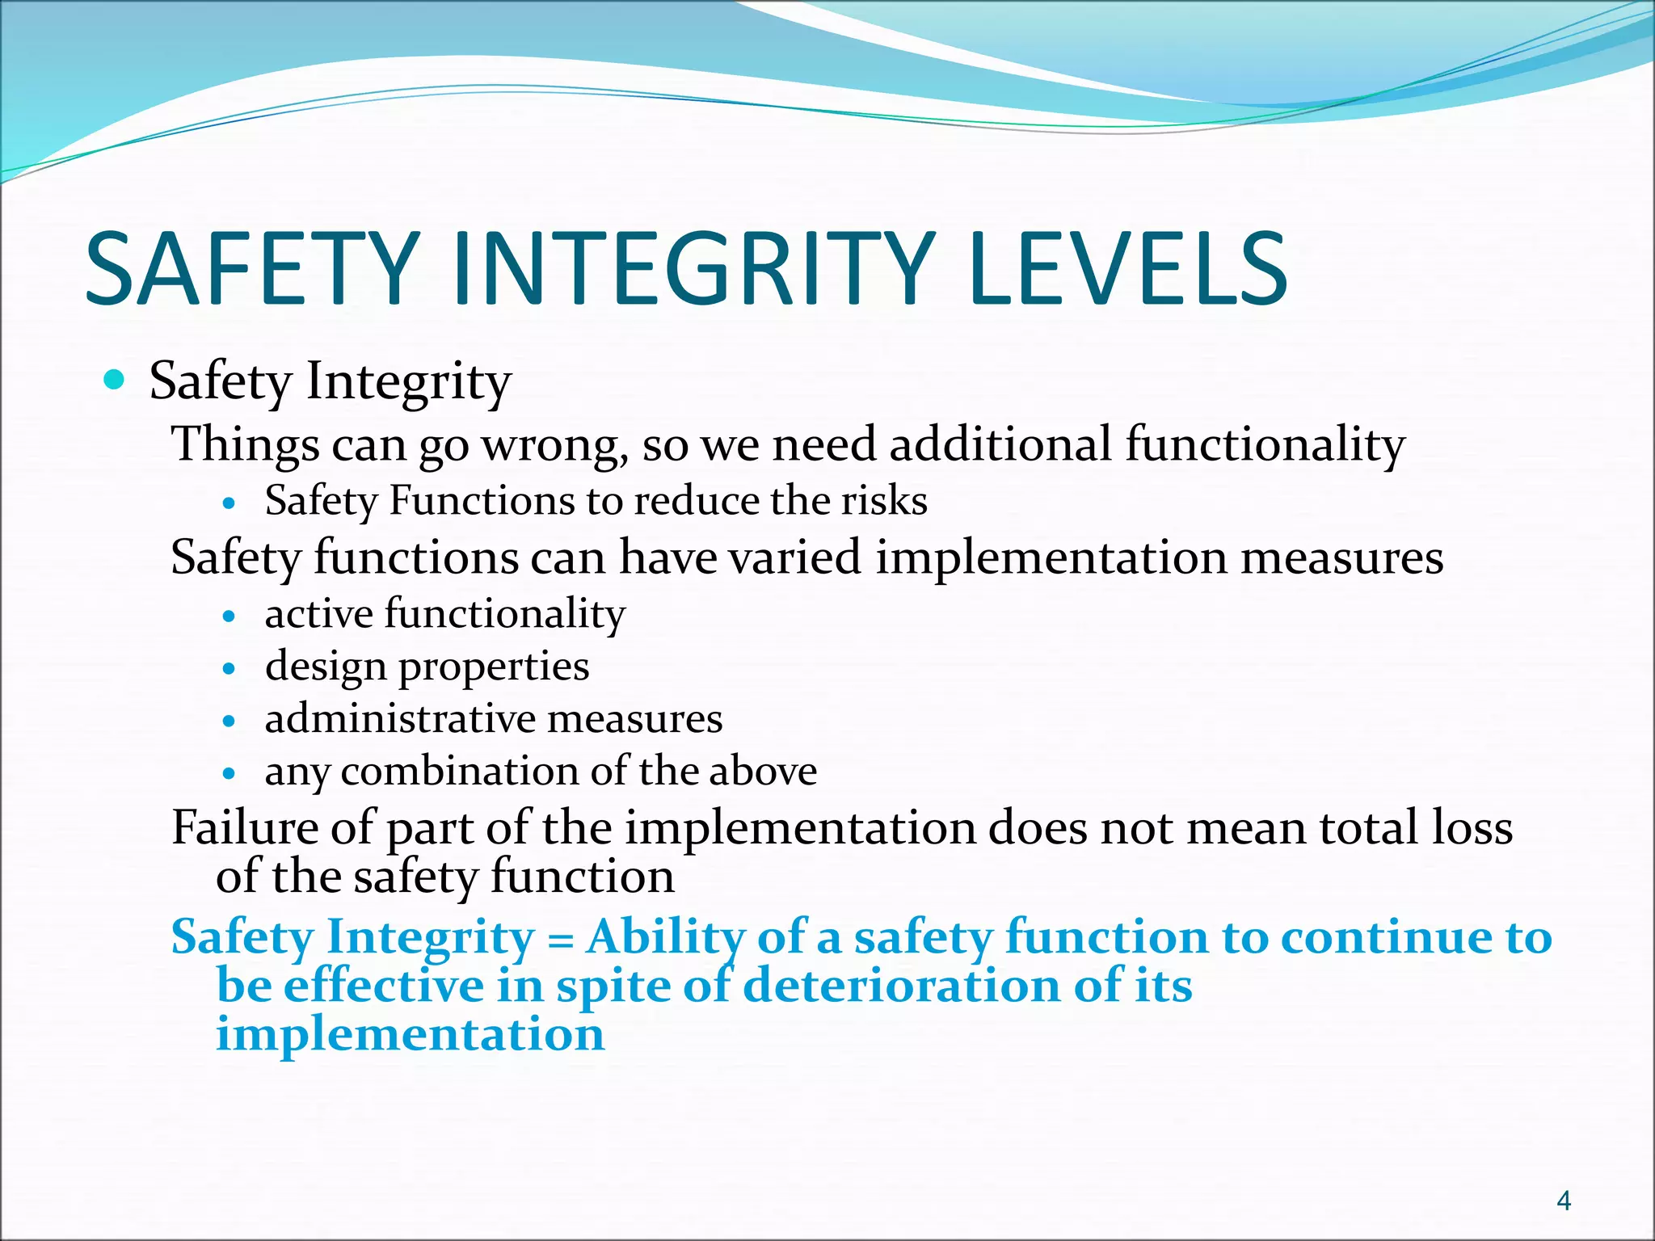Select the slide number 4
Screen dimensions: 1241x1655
(x=1564, y=1201)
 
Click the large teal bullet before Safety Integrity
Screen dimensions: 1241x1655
(x=115, y=379)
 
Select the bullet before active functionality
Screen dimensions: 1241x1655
(x=230, y=616)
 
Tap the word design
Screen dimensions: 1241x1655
(x=325, y=667)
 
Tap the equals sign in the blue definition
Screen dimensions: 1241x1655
(x=559, y=940)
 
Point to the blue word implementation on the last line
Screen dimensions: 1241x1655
(x=410, y=1035)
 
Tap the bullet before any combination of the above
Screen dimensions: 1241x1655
(x=230, y=774)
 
